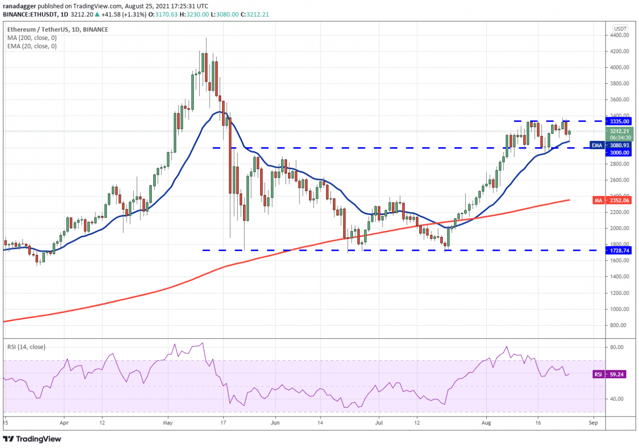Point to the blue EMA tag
coord(596,145)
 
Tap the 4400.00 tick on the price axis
coord(620,35)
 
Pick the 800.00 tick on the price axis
coord(620,325)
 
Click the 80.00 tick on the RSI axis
coord(618,347)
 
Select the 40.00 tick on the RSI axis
coord(618,399)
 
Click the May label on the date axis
coord(168,421)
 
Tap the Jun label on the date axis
coord(275,421)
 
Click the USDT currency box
coord(620,28)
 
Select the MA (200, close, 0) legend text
coord(32,37)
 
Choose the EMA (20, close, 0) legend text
coord(32,46)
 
